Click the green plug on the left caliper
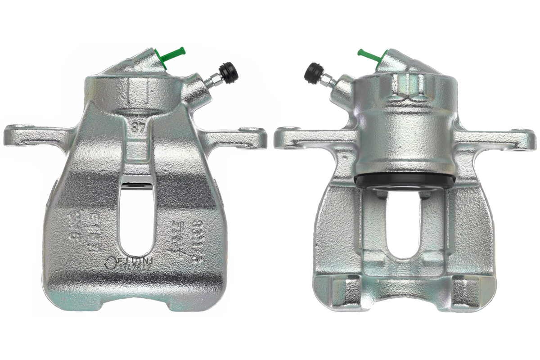click(x=173, y=54)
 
